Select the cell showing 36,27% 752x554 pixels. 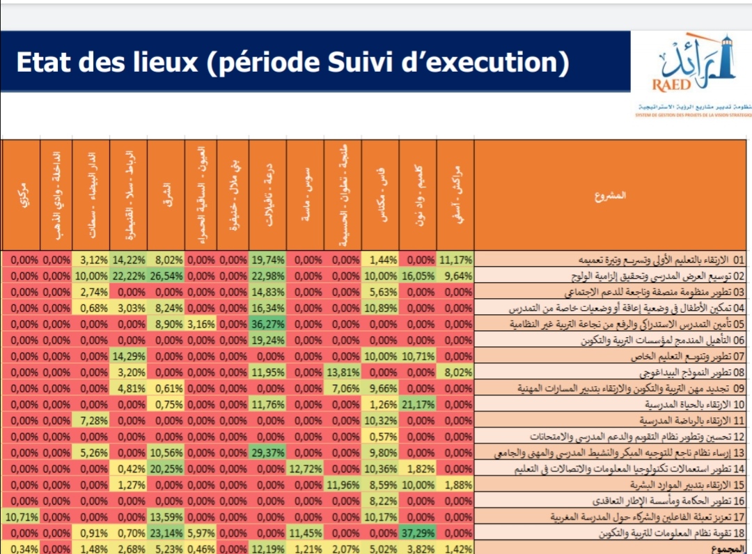click(267, 324)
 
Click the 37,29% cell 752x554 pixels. click(418, 532)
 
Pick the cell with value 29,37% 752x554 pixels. click(267, 453)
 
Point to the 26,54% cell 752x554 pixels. click(166, 275)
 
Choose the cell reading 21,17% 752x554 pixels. click(418, 404)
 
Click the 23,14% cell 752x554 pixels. click(166, 532)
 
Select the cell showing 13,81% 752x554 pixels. click(343, 372)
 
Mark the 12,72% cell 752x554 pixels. click(305, 468)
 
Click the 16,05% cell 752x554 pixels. click(418, 275)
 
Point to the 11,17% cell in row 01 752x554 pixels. click(455, 259)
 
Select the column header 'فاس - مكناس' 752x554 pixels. click(380, 195)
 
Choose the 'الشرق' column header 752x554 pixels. click(166, 195)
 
